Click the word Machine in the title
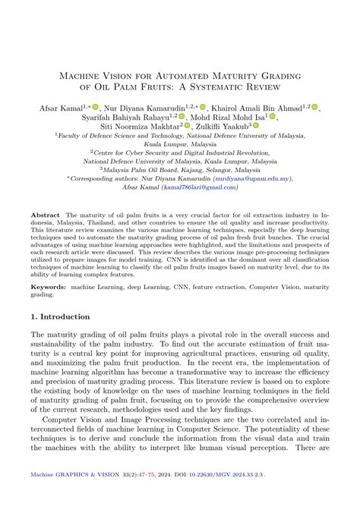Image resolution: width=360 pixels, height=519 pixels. pyautogui.click(x=78, y=76)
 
